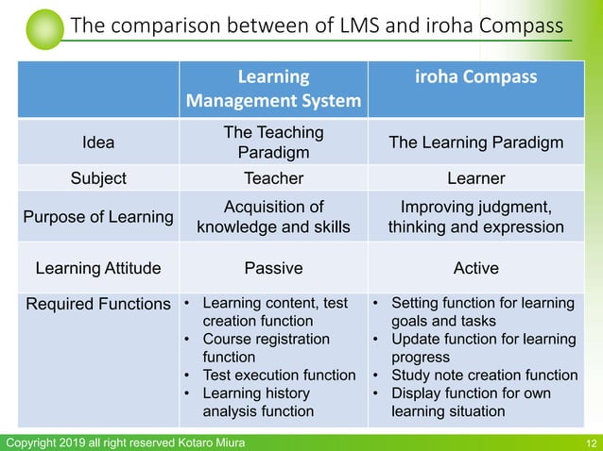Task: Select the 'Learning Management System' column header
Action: (273, 88)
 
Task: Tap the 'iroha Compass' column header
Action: (476, 76)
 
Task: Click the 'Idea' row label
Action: (98, 142)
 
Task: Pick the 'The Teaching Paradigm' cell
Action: (273, 142)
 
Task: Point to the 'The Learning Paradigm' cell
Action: (476, 142)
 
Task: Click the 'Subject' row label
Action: (98, 177)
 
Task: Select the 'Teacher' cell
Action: (273, 177)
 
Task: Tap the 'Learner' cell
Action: (476, 177)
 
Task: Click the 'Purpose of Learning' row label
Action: (98, 217)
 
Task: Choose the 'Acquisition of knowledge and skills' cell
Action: (273, 217)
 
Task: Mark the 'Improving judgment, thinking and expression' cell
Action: (476, 217)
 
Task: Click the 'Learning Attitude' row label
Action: (98, 268)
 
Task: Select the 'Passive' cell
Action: (273, 268)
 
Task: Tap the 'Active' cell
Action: (476, 268)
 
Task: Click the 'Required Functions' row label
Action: (98, 304)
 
